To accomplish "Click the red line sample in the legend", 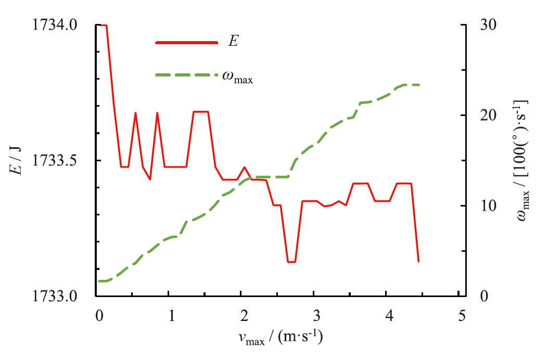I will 186,42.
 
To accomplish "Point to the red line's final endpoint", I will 418,261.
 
